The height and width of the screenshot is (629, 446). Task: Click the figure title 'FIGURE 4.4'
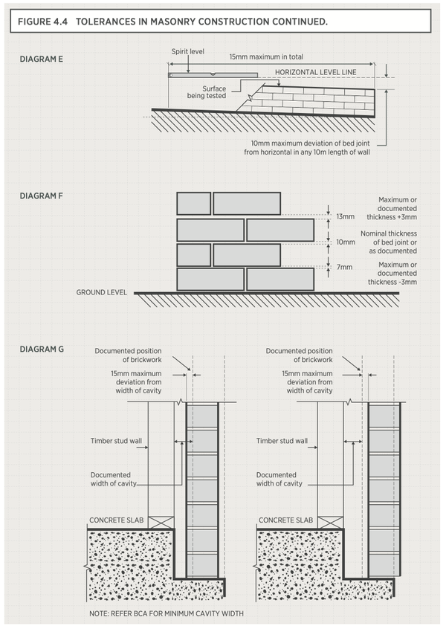click(46, 22)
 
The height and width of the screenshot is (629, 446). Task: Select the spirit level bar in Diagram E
click(212, 74)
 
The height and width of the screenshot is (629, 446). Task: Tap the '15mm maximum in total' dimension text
click(266, 57)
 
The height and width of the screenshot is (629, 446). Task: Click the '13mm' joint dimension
click(345, 216)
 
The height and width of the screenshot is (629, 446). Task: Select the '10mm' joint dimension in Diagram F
click(345, 242)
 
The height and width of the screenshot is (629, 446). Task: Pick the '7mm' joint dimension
click(343, 266)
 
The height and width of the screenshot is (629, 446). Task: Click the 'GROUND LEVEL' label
click(102, 292)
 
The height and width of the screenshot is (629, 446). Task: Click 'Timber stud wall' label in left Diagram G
click(115, 441)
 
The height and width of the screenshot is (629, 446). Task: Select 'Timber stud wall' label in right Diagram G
click(282, 441)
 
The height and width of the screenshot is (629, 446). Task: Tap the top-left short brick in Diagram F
click(193, 203)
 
